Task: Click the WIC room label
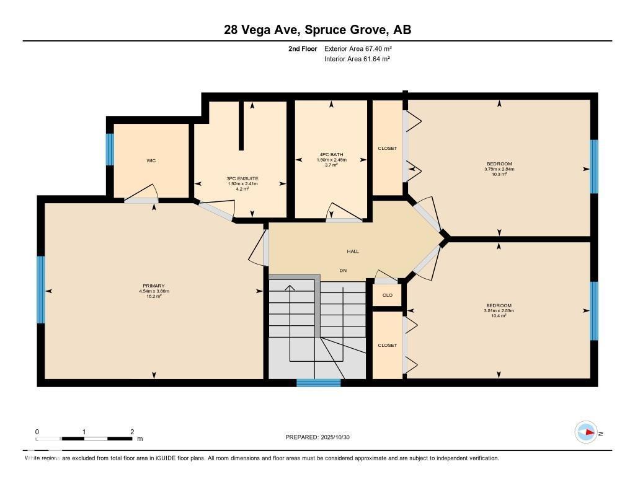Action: pos(151,160)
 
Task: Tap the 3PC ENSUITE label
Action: pos(242,178)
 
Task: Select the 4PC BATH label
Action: pos(331,155)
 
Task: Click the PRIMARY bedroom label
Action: pos(154,286)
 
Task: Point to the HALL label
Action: pos(352,251)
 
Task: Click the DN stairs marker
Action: pos(343,270)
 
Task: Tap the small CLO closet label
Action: pos(387,295)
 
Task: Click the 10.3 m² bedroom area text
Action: pos(499,175)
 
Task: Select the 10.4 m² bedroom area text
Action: pos(499,316)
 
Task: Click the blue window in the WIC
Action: pos(110,149)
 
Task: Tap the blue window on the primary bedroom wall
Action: pos(41,290)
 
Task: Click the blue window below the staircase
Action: pos(318,383)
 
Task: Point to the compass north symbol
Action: pos(585,432)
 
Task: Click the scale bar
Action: pos(84,439)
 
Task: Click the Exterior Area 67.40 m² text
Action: pos(358,48)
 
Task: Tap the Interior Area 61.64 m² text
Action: pos(357,59)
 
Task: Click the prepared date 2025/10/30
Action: pos(321,437)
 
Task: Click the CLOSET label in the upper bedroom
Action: pos(387,149)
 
